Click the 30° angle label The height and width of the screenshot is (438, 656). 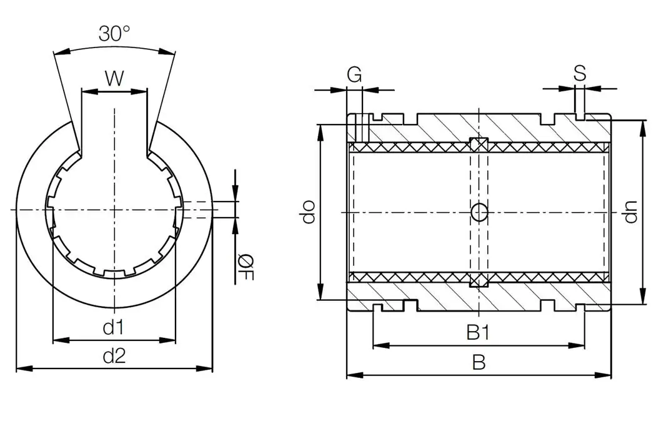point(114,33)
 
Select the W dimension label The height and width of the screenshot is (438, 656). point(114,78)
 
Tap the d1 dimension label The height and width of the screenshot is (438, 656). point(114,327)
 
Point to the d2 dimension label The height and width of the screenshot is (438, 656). point(114,357)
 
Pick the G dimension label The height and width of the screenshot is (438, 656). point(354,75)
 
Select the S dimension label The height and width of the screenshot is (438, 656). point(580,74)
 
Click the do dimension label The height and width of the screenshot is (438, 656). point(307,213)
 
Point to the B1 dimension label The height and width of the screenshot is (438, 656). point(478,333)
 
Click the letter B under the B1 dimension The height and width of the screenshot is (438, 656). point(479,363)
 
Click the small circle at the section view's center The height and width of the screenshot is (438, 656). point(479,213)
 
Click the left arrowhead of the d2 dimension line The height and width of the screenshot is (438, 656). point(21,369)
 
